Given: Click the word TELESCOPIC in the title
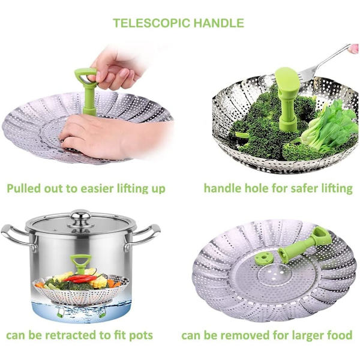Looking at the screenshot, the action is [x=152, y=23].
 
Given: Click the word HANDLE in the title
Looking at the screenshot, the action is [x=219, y=23].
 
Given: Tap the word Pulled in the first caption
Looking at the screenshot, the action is [x=23, y=188].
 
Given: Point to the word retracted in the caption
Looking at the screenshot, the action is [x=71, y=335].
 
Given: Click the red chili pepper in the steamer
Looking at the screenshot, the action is [x=80, y=278].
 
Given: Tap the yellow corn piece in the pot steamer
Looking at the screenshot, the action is [x=99, y=282].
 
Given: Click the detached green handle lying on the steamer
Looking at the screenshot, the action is [x=304, y=244].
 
